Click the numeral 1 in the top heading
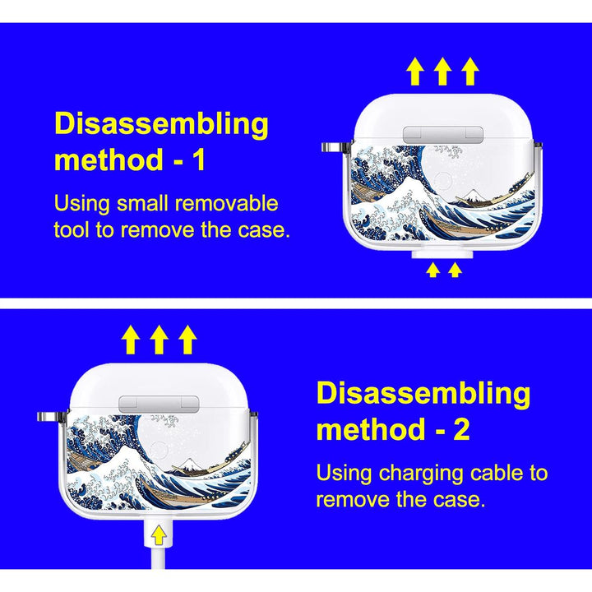[199, 160]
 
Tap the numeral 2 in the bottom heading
[461, 429]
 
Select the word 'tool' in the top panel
[72, 229]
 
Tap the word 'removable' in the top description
[227, 203]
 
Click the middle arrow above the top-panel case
[442, 71]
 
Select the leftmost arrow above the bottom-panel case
[131, 340]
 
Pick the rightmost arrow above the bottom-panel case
[187, 340]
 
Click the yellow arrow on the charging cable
[159, 535]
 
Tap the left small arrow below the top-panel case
[432, 270]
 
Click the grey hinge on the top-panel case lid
[443, 135]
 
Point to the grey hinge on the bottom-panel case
[159, 404]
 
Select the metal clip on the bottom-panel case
[52, 417]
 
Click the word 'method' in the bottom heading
[372, 429]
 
